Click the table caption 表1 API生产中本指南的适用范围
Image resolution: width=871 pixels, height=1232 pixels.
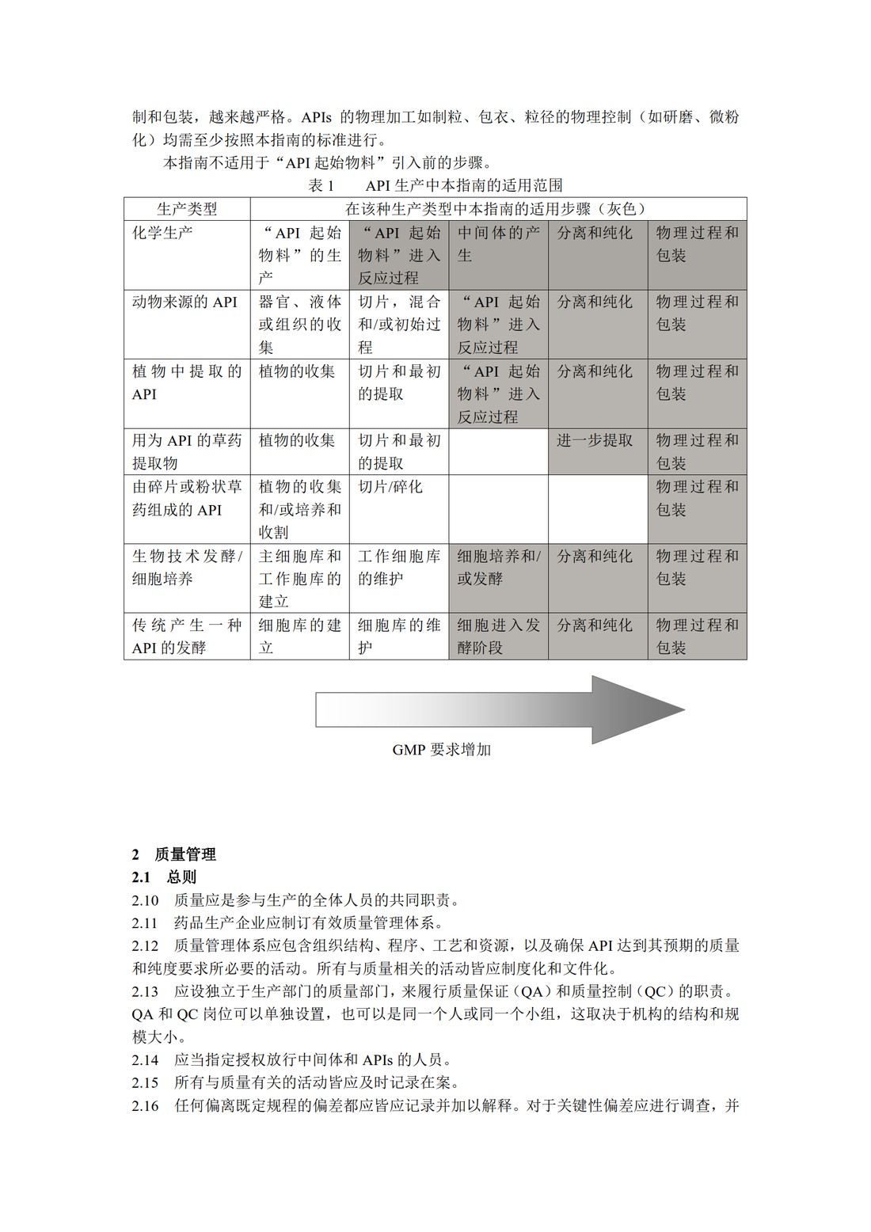(435, 185)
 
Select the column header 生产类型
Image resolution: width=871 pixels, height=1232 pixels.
(187, 209)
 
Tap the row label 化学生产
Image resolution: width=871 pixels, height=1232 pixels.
(162, 233)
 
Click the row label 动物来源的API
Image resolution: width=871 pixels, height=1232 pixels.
(184, 302)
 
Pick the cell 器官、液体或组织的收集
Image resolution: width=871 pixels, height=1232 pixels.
(299, 324)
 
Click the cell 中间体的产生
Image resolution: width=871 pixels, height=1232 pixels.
(498, 244)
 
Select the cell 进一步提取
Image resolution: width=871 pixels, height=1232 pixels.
(595, 440)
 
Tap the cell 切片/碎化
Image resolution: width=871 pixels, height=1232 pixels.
(390, 486)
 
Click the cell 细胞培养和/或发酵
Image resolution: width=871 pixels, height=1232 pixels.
(498, 567)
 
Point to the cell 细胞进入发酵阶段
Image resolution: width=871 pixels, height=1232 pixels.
(498, 636)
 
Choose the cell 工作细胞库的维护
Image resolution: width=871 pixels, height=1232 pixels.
(398, 567)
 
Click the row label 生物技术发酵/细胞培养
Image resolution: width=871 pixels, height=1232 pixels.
(187, 567)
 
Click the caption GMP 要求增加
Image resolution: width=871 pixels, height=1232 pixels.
(441, 749)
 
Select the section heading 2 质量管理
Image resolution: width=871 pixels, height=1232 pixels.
(174, 854)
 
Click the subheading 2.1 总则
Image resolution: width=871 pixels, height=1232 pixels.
(165, 877)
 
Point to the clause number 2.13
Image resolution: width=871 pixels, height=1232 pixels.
(145, 991)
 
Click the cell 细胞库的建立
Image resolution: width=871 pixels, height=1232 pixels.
(299, 636)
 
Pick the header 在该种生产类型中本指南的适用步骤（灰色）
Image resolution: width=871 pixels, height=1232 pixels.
(497, 209)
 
